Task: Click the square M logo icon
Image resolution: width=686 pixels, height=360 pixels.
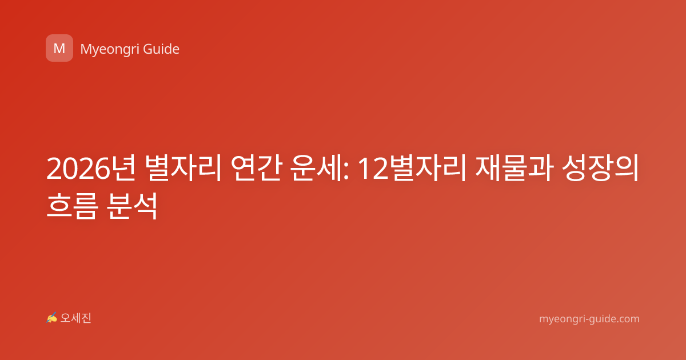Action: (x=59, y=48)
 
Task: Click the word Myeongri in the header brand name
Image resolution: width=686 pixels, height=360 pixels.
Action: (x=110, y=50)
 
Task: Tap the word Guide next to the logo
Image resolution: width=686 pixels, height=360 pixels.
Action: (x=161, y=49)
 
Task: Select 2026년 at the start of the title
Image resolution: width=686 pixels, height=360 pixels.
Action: (x=91, y=168)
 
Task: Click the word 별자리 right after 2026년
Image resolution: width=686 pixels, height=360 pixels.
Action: (x=183, y=168)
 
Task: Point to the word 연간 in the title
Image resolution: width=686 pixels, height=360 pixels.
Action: (x=256, y=168)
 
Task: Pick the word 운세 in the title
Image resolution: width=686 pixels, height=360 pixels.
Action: (x=317, y=168)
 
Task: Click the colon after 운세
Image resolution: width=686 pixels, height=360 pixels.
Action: (x=346, y=171)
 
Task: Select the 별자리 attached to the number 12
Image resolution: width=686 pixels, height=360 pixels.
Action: (x=428, y=168)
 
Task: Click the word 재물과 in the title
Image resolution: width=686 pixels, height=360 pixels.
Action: (x=514, y=168)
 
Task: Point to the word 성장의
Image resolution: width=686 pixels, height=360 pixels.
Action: (x=601, y=168)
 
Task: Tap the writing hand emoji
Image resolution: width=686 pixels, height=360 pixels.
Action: (x=52, y=318)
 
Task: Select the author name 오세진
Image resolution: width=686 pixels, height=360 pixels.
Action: (x=75, y=318)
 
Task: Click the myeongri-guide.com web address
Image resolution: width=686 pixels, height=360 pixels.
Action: (x=589, y=319)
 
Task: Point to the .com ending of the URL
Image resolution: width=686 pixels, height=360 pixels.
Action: (x=627, y=319)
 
